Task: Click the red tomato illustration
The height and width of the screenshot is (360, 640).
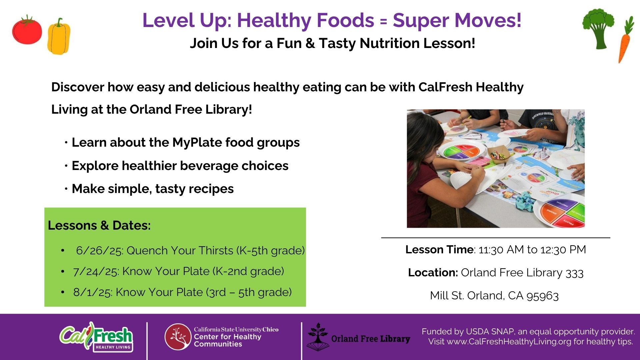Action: [x=27, y=30]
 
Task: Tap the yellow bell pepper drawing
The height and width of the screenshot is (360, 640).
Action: [x=59, y=36]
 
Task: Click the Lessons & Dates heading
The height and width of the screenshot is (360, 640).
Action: [x=99, y=225]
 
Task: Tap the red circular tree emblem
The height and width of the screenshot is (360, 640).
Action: [x=178, y=337]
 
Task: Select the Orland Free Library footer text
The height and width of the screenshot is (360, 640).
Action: [x=370, y=339]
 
